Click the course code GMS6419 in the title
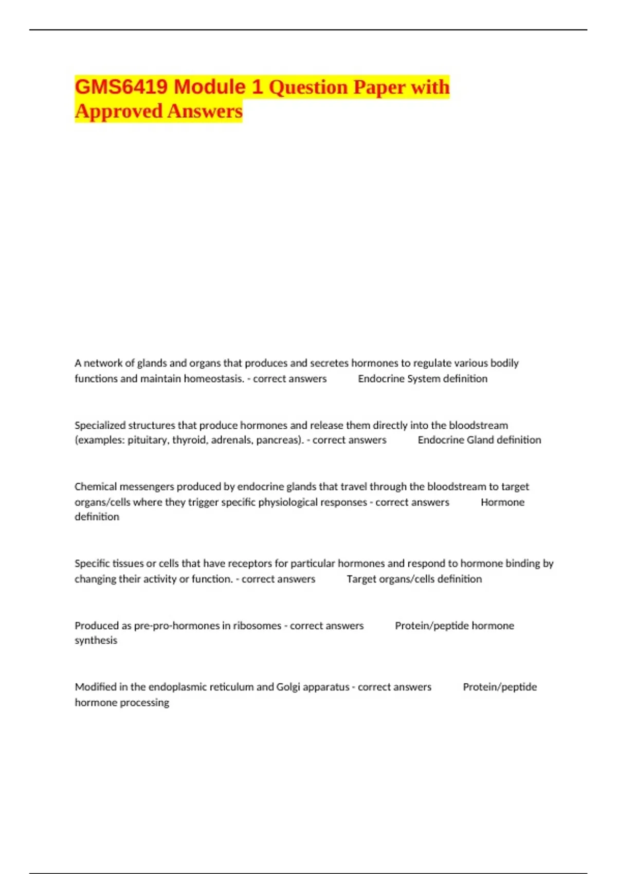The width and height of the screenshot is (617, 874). [121, 87]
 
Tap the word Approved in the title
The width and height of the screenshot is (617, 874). [118, 111]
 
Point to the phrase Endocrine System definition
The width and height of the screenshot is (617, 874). [423, 379]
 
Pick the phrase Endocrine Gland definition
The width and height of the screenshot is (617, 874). [479, 440]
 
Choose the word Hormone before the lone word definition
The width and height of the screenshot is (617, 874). [502, 502]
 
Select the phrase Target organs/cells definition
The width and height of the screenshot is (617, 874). [414, 579]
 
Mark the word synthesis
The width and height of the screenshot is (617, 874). [96, 641]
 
